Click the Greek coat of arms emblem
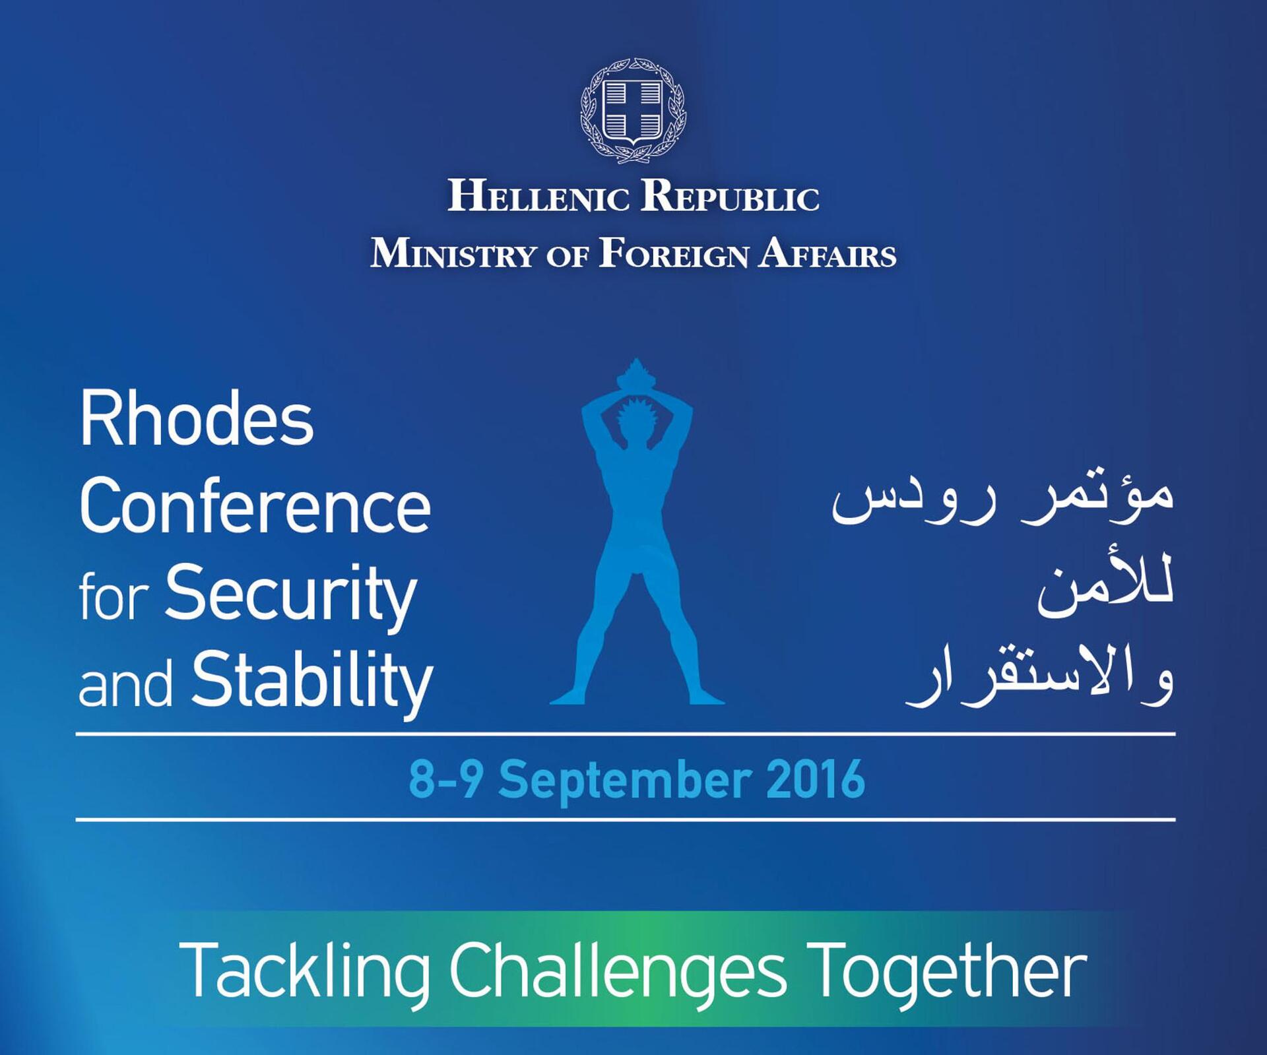point(633,110)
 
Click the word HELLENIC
point(538,197)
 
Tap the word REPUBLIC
point(731,197)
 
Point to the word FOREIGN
point(674,254)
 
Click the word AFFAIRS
point(828,254)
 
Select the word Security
point(291,594)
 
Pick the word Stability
point(312,681)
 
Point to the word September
point(624,782)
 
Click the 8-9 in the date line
point(446,779)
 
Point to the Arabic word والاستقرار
point(1040,679)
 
